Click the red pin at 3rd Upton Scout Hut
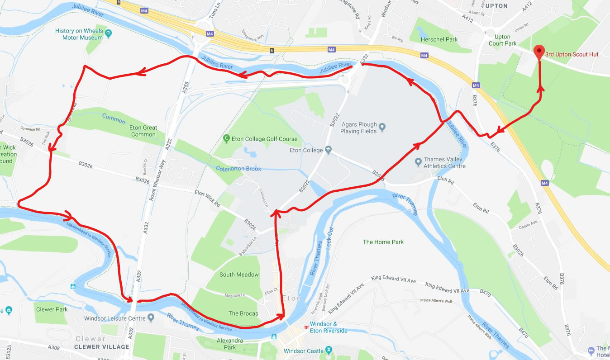539,52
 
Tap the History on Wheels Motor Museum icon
109,33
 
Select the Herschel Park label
439,39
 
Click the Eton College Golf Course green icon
226,138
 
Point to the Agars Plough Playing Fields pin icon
382,127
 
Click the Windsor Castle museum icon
329,351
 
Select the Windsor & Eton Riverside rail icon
306,325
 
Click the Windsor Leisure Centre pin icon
151,318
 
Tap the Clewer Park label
52,309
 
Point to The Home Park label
383,242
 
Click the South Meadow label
239,275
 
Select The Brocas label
243,313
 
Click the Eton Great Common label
143,131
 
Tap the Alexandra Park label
230,344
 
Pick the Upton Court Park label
502,40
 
